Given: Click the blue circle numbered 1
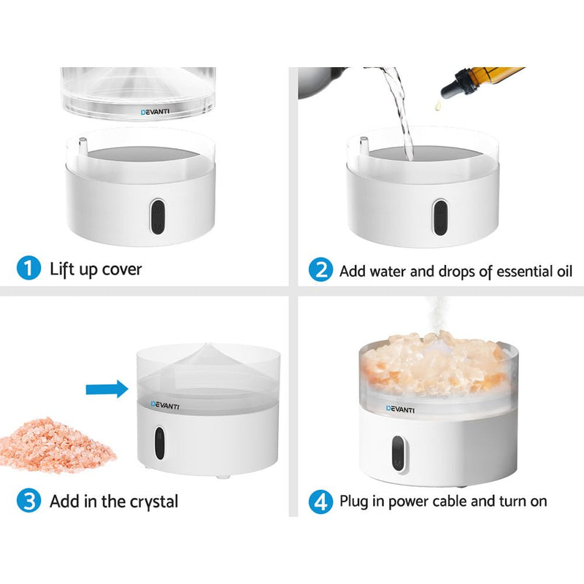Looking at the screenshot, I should coord(28,269).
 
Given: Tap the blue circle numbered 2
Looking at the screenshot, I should coord(320,271).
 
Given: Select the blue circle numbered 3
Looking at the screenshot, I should coord(28,501).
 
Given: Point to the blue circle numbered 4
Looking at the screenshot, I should coord(320,502).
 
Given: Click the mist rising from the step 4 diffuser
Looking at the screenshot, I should coord(436,314).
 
